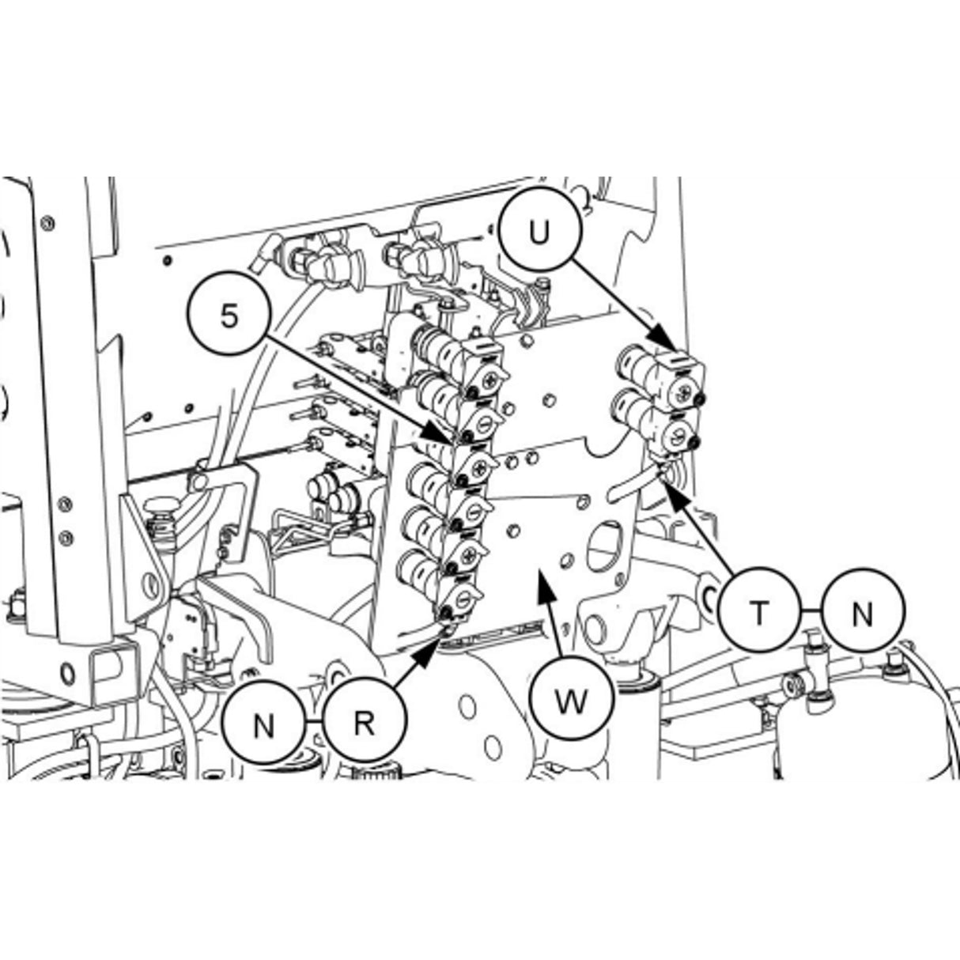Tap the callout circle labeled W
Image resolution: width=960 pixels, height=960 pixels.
click(x=571, y=701)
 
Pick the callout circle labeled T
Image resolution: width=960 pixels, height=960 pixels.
click(x=759, y=613)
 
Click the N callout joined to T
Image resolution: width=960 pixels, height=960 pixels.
click(x=862, y=613)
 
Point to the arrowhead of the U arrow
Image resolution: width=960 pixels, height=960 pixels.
click(x=671, y=346)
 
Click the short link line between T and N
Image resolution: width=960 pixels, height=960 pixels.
click(x=811, y=613)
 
